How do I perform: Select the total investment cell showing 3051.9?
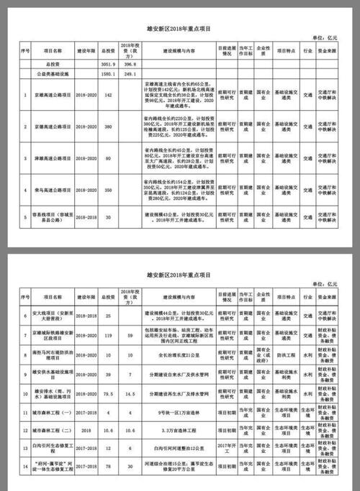click(109, 65)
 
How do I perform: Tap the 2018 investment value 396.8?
click(130, 65)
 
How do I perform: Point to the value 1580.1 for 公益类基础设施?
click(109, 74)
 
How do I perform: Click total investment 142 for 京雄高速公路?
click(109, 94)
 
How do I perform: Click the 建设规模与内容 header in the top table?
click(176, 52)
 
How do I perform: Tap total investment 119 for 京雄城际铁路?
click(109, 336)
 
